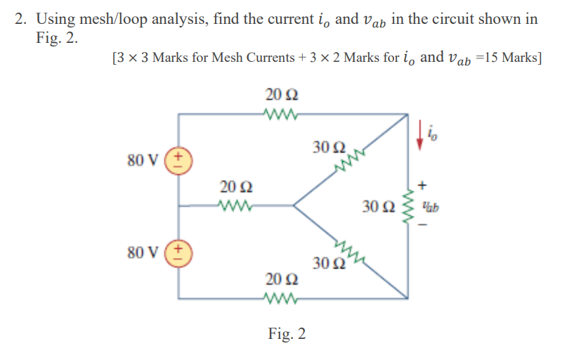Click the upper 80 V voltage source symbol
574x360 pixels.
coord(180,160)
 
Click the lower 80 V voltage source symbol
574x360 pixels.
coord(180,252)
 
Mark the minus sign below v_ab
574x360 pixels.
coord(422,226)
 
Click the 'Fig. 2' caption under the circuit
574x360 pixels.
coord(287,333)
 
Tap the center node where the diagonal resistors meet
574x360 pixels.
coord(293,206)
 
